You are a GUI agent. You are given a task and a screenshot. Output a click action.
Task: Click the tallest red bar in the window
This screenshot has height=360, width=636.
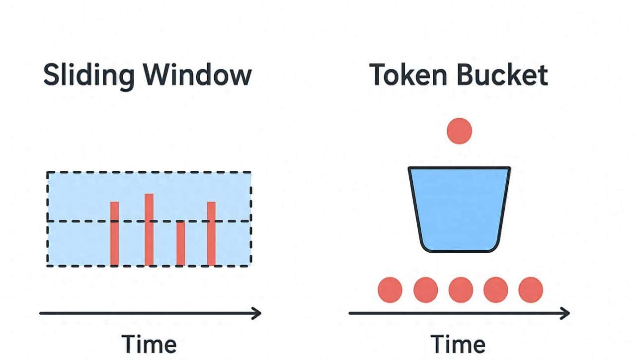coord(149,229)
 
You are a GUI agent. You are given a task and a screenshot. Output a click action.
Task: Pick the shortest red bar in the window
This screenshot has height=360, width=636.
coord(181,243)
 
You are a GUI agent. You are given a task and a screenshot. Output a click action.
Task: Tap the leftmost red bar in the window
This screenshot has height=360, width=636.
coord(114,233)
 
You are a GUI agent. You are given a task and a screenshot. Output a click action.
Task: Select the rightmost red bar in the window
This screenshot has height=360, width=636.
coord(211,233)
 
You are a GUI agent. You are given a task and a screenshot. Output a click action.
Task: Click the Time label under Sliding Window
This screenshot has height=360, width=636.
coord(149,344)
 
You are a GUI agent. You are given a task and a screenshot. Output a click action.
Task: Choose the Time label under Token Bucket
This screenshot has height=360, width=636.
coord(458,344)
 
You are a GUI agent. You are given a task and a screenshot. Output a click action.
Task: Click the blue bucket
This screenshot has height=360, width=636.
coord(459,209)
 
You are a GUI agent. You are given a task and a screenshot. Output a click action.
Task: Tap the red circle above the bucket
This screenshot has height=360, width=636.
coord(459,131)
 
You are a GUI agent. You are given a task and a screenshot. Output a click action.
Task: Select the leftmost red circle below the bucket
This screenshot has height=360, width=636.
coord(390,290)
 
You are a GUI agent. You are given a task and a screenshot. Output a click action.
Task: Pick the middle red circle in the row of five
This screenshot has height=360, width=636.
coord(461,290)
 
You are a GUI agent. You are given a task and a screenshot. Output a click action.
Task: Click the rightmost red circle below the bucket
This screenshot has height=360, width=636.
coord(531,290)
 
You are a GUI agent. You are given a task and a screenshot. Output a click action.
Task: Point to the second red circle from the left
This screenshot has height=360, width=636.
coord(425,290)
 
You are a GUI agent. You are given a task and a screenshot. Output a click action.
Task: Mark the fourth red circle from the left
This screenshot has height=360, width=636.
coord(496,290)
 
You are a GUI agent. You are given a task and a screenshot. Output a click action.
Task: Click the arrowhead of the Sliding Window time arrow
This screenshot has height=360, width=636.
coord(257,313)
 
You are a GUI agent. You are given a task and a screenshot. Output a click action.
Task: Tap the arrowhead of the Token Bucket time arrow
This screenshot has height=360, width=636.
coord(565,313)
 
